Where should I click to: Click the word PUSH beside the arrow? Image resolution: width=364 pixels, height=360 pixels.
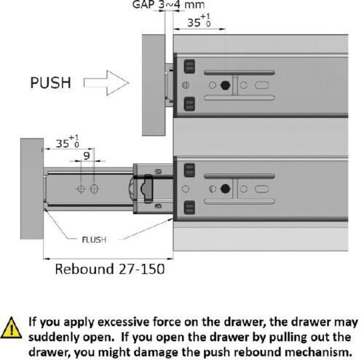[x=50, y=83]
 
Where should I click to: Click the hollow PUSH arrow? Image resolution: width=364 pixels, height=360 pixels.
[x=106, y=83]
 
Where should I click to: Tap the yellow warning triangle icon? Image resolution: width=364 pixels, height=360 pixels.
[x=11, y=328]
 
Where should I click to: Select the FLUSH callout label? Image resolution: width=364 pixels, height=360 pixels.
[x=94, y=240]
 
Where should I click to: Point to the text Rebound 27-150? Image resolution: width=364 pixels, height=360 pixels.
[x=110, y=269]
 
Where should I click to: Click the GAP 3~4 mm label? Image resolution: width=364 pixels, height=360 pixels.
[x=168, y=5]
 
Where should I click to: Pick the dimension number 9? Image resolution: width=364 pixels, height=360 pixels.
[x=87, y=156]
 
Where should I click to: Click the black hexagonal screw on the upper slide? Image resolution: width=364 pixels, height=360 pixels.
[x=225, y=85]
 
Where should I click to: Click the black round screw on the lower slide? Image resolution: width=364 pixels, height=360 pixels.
[x=225, y=189]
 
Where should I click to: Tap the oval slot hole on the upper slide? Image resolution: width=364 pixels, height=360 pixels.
[x=262, y=85]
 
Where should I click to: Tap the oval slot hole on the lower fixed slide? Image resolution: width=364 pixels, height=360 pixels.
[x=262, y=189]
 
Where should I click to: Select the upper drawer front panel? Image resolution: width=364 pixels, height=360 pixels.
[x=154, y=85]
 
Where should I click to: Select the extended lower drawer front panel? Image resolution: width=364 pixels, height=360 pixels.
[x=32, y=189]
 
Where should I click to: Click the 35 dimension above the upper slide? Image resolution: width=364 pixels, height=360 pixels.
[x=199, y=21]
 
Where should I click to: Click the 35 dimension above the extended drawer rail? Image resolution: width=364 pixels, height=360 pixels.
[x=68, y=142]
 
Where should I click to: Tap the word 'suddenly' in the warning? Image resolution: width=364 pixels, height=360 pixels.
[x=55, y=337]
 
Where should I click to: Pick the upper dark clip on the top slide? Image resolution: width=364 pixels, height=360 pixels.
[x=189, y=66]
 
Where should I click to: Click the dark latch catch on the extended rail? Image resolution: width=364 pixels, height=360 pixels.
[x=147, y=189]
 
